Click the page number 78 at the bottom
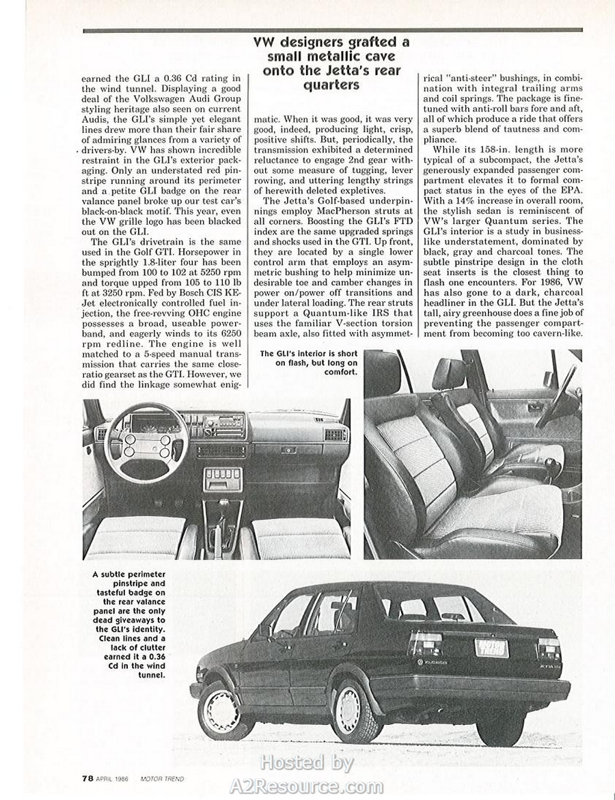tap(87, 777)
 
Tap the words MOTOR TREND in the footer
tap(163, 777)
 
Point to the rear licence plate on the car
tap(491, 648)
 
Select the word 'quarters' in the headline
tap(331, 85)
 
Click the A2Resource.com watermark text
tap(306, 786)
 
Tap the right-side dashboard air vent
tap(335, 435)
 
